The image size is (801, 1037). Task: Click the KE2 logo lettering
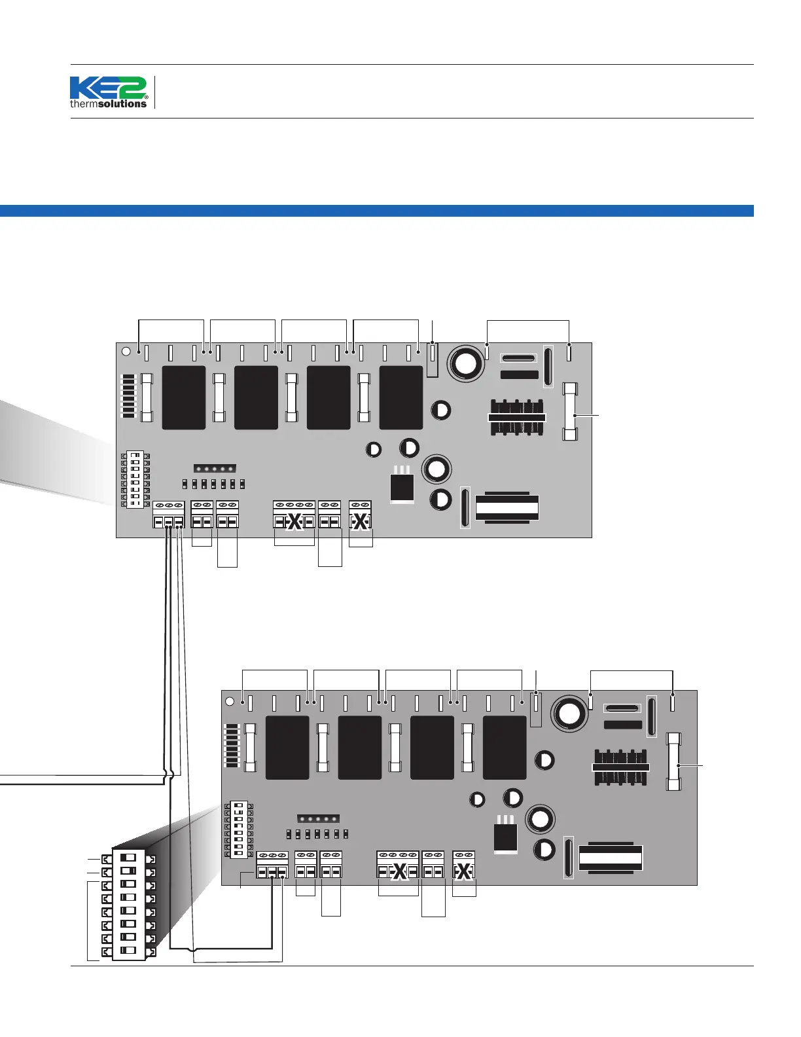click(108, 88)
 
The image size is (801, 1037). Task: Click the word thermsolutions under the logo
click(108, 103)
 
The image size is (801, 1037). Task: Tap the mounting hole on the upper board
click(127, 352)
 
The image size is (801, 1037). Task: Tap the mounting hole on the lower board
click(230, 701)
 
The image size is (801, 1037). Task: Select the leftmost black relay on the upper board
click(183, 397)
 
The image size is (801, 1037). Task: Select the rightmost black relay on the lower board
click(504, 747)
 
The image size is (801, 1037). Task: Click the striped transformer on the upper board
click(507, 507)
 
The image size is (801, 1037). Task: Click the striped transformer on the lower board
click(611, 857)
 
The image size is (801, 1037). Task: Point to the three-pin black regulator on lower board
click(505, 837)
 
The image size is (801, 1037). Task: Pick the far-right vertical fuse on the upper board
click(571, 412)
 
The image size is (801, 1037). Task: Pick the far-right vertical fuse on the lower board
click(674, 761)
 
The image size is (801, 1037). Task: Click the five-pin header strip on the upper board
click(215, 469)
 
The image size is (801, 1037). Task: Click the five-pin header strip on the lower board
click(318, 818)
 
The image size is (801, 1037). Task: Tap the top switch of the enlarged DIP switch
click(129, 857)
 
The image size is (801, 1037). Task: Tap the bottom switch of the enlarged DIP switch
click(129, 950)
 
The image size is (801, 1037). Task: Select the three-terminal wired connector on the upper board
click(168, 515)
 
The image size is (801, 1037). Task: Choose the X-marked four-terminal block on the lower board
click(397, 865)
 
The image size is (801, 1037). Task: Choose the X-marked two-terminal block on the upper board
click(360, 515)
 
